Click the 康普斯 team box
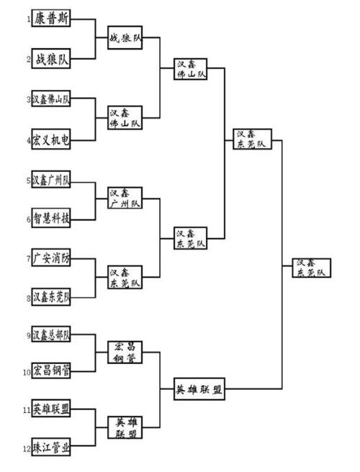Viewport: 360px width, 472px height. (51, 19)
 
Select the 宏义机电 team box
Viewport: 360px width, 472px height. (51, 139)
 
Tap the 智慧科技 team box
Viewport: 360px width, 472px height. (51, 218)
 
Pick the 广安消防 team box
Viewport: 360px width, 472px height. (51, 258)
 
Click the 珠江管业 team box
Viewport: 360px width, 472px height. (51, 447)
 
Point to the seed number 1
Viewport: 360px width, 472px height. (29, 19)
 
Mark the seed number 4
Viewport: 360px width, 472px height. (29, 140)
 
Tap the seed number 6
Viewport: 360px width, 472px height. (29, 219)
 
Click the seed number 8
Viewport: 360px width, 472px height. (29, 299)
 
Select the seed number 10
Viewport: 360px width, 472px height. (27, 373)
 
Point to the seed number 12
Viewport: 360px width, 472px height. (27, 449)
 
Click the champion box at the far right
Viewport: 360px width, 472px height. (312, 268)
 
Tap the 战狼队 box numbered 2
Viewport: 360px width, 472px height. (51, 59)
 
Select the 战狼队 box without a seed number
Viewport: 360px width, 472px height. (125, 37)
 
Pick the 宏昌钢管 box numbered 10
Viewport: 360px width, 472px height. (51, 371)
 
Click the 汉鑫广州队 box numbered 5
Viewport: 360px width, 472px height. (51, 179)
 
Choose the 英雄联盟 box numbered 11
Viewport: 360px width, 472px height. (51, 409)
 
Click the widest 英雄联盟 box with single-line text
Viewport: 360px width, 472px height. (199, 389)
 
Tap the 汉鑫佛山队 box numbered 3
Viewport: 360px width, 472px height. (51, 99)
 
